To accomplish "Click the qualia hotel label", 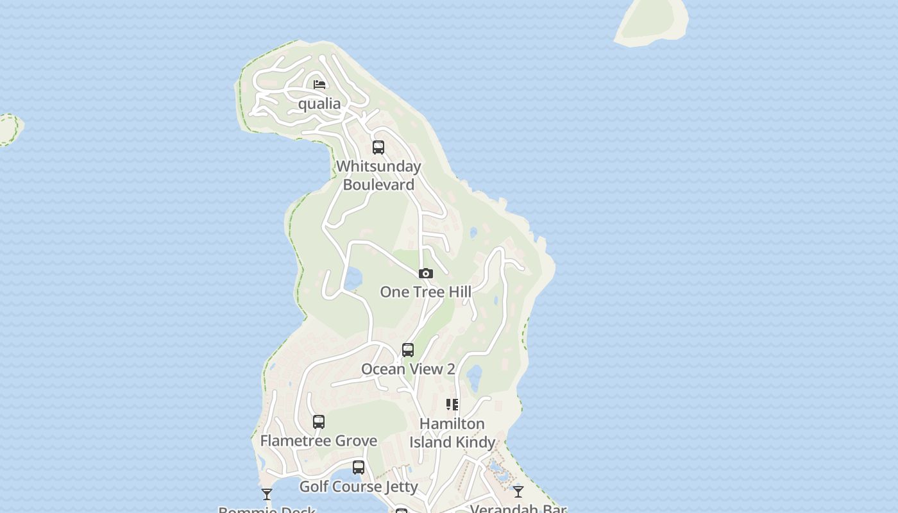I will click(x=319, y=104).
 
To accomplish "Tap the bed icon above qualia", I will click(x=319, y=84).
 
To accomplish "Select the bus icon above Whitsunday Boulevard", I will click(x=378, y=147).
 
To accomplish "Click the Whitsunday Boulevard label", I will click(x=378, y=175).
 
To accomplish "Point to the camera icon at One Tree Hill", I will click(x=425, y=274).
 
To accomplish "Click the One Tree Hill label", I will click(x=425, y=292).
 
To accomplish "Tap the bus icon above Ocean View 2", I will click(x=408, y=350).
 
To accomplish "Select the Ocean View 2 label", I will click(x=408, y=369).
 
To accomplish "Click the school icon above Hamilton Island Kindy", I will click(x=452, y=405).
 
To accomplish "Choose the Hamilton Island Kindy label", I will click(x=452, y=433).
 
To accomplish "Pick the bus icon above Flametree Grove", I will click(x=319, y=422).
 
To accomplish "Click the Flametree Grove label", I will click(x=319, y=441).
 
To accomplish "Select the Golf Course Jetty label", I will click(x=359, y=487).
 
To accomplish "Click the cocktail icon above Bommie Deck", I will click(x=267, y=494).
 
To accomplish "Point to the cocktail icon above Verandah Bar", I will click(x=518, y=492).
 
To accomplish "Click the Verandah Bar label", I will click(x=518, y=509).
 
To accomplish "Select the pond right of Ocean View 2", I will click(x=474, y=378).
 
